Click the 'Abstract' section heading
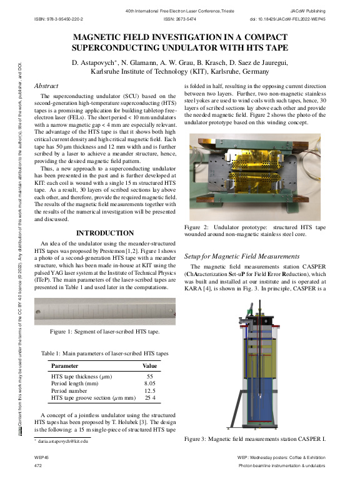tap(47, 85)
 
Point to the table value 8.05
tap(149, 383)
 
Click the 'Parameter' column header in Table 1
tap(65, 365)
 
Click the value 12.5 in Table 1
tap(149, 390)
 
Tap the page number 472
tap(38, 466)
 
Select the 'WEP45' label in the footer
tap(41, 458)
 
